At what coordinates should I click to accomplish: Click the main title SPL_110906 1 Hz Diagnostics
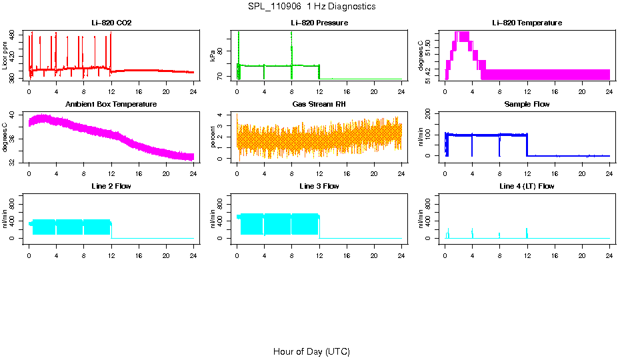[x=311, y=7]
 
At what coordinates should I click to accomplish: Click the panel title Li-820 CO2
[x=111, y=23]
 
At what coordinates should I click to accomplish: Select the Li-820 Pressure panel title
[x=319, y=23]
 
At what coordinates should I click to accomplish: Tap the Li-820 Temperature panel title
[x=527, y=23]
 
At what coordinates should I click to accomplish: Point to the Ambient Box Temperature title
[x=111, y=105]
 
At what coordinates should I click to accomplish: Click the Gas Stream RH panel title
[x=319, y=105]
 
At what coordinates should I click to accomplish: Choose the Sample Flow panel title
[x=527, y=105]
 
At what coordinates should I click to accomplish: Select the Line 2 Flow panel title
[x=111, y=186]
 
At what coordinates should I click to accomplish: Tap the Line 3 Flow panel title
[x=319, y=186]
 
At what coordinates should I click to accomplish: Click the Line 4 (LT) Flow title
[x=527, y=186]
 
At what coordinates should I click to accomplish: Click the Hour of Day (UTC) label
[x=311, y=351]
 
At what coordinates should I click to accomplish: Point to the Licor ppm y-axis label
[x=6, y=55]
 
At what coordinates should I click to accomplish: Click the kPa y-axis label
[x=213, y=55]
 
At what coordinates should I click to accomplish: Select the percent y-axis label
[x=213, y=137]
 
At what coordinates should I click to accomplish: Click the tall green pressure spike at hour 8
[x=291, y=47]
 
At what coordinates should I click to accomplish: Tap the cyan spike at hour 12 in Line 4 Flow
[x=527, y=232]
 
